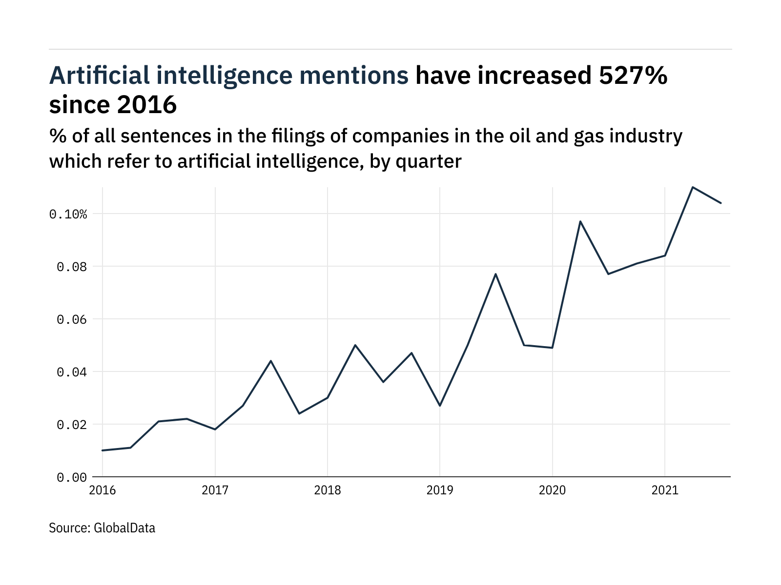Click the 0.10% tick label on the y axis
pyautogui.click(x=68, y=214)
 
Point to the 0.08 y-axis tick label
pyautogui.click(x=72, y=267)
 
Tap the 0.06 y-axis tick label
pyautogui.click(x=72, y=319)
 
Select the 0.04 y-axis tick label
pyautogui.click(x=72, y=372)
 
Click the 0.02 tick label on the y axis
pyautogui.click(x=72, y=425)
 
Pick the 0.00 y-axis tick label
pyautogui.click(x=72, y=477)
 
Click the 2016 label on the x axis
pyautogui.click(x=103, y=490)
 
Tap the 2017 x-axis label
pyautogui.click(x=215, y=490)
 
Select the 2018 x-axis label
pyautogui.click(x=328, y=490)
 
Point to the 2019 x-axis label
pyautogui.click(x=440, y=490)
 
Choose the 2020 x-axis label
pyautogui.click(x=552, y=490)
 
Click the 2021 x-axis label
pyautogui.click(x=665, y=490)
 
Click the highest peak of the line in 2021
pyautogui.click(x=693, y=187)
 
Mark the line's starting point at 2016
pyautogui.click(x=103, y=450)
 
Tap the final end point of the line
pyautogui.click(x=721, y=203)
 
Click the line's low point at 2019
pyautogui.click(x=440, y=406)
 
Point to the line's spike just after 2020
pyautogui.click(x=580, y=221)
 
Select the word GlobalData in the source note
pyautogui.click(x=124, y=528)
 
